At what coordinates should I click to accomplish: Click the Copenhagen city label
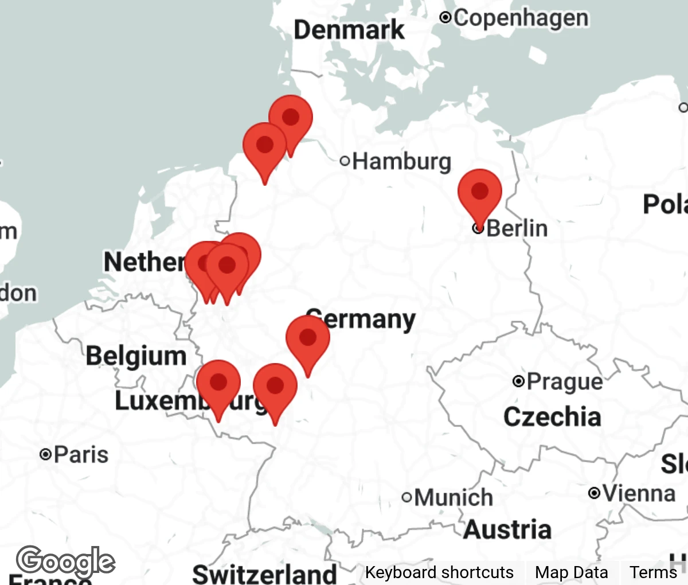(x=521, y=18)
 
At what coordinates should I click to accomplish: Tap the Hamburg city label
(x=402, y=161)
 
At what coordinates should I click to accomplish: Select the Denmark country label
(x=349, y=30)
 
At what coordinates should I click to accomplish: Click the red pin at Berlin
(x=480, y=192)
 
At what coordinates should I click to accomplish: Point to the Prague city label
(x=564, y=381)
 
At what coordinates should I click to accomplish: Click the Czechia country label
(x=552, y=417)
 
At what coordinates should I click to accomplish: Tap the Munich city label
(x=453, y=497)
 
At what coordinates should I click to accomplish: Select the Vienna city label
(x=639, y=493)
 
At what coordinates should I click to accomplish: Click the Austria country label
(x=507, y=529)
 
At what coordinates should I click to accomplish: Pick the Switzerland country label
(x=264, y=573)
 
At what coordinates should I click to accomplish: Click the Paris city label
(x=81, y=455)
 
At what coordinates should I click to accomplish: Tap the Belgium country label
(x=136, y=356)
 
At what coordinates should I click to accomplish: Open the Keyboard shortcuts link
(x=439, y=572)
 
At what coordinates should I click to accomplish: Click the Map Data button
(x=571, y=572)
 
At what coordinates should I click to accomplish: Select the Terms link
(x=653, y=572)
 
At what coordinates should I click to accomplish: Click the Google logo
(x=65, y=561)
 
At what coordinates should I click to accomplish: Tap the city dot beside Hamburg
(x=345, y=161)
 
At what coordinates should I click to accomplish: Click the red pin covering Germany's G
(x=308, y=338)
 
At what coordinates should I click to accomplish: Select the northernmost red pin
(x=291, y=118)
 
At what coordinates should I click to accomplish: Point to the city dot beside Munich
(x=406, y=497)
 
